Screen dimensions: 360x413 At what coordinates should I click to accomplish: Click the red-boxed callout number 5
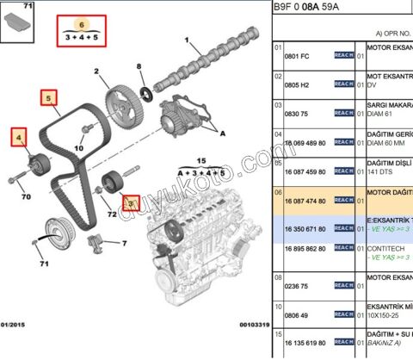(x=51, y=98)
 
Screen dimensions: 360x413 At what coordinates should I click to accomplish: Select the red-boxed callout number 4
(x=18, y=135)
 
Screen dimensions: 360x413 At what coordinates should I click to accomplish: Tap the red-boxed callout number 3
(x=131, y=204)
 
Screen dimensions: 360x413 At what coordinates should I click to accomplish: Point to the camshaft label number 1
(x=188, y=40)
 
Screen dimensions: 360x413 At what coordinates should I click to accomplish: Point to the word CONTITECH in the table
(x=389, y=248)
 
